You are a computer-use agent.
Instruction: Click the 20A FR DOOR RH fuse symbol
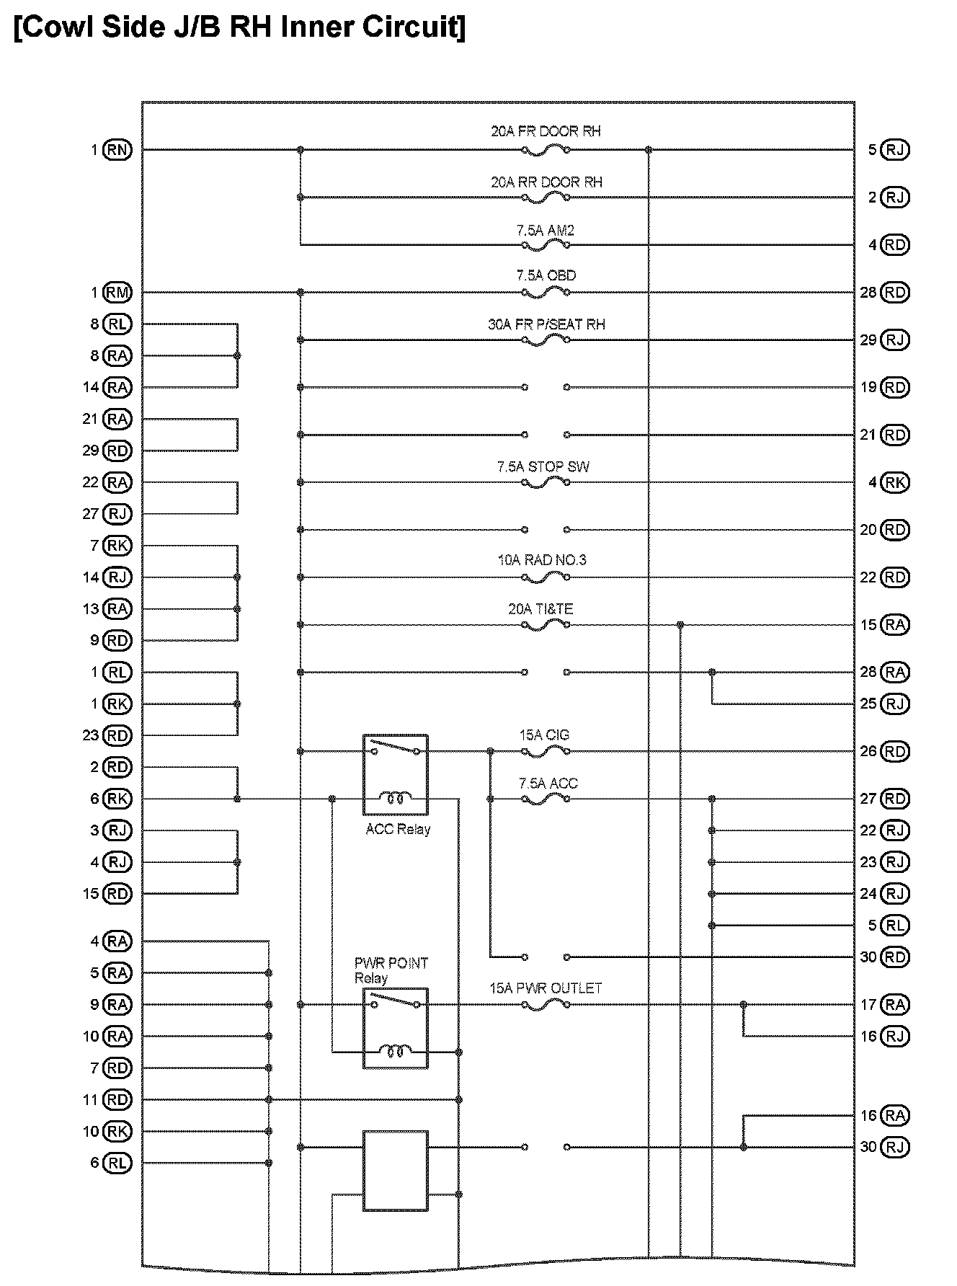546,150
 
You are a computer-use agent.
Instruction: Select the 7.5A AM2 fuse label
545,231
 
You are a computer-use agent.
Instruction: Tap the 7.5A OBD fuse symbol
546,293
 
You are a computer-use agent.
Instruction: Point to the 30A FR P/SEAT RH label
546,324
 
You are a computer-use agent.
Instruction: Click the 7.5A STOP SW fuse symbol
546,482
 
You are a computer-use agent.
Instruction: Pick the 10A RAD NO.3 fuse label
542,560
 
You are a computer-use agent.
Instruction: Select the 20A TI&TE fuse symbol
546,625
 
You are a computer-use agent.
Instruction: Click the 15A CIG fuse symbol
546,752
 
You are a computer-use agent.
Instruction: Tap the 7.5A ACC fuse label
548,784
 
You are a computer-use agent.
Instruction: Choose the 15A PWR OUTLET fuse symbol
546,1005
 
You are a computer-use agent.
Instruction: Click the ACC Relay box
395,775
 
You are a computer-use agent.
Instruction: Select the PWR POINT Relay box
395,1029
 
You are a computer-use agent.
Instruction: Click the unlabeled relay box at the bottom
395,1171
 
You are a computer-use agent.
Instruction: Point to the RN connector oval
117,150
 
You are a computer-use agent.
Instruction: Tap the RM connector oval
117,293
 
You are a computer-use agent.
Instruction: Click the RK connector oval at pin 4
895,482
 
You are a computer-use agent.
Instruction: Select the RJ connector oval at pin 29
895,340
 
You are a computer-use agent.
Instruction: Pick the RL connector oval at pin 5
895,926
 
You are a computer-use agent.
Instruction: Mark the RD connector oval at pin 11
117,1100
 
